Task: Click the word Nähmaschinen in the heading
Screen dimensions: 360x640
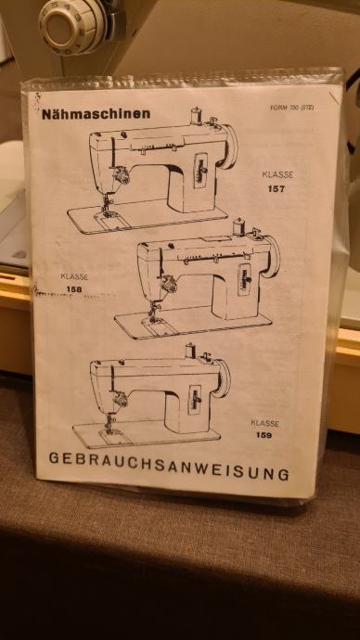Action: tap(96, 114)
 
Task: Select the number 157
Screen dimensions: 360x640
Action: tap(276, 189)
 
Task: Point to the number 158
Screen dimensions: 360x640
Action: tap(74, 289)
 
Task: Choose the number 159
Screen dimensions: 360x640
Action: tap(264, 435)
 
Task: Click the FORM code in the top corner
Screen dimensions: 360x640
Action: tap(291, 108)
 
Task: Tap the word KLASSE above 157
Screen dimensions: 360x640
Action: tap(277, 175)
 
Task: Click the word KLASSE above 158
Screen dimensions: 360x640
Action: tap(74, 276)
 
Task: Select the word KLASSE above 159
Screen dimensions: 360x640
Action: tap(265, 423)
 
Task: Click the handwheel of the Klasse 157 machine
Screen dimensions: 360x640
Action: tap(231, 147)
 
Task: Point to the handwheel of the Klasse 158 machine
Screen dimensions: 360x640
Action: tap(273, 256)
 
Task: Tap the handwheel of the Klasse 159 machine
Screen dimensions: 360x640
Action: tap(223, 378)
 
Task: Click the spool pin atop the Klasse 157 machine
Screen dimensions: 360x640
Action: tap(197, 116)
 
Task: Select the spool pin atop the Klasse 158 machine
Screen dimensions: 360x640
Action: tap(238, 227)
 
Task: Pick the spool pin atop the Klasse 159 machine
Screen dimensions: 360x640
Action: tap(190, 351)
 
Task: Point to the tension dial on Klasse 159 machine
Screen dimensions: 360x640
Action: tap(120, 400)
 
